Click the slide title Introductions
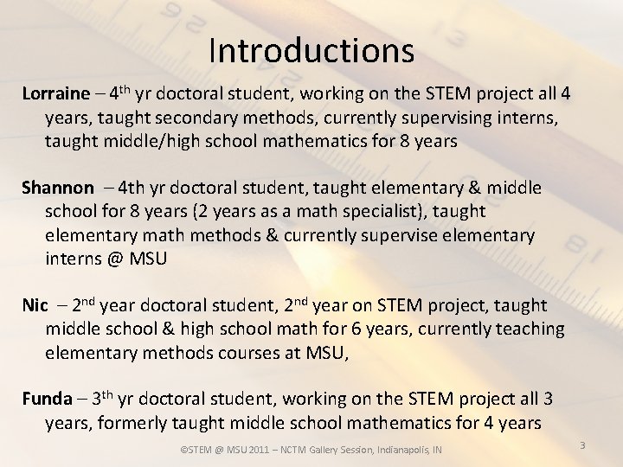click(x=311, y=50)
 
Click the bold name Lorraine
click(x=55, y=93)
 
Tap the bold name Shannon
click(x=57, y=188)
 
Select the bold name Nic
click(x=35, y=305)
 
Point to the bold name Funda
click(x=47, y=400)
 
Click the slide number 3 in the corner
click(x=582, y=445)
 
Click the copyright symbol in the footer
click(x=183, y=450)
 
